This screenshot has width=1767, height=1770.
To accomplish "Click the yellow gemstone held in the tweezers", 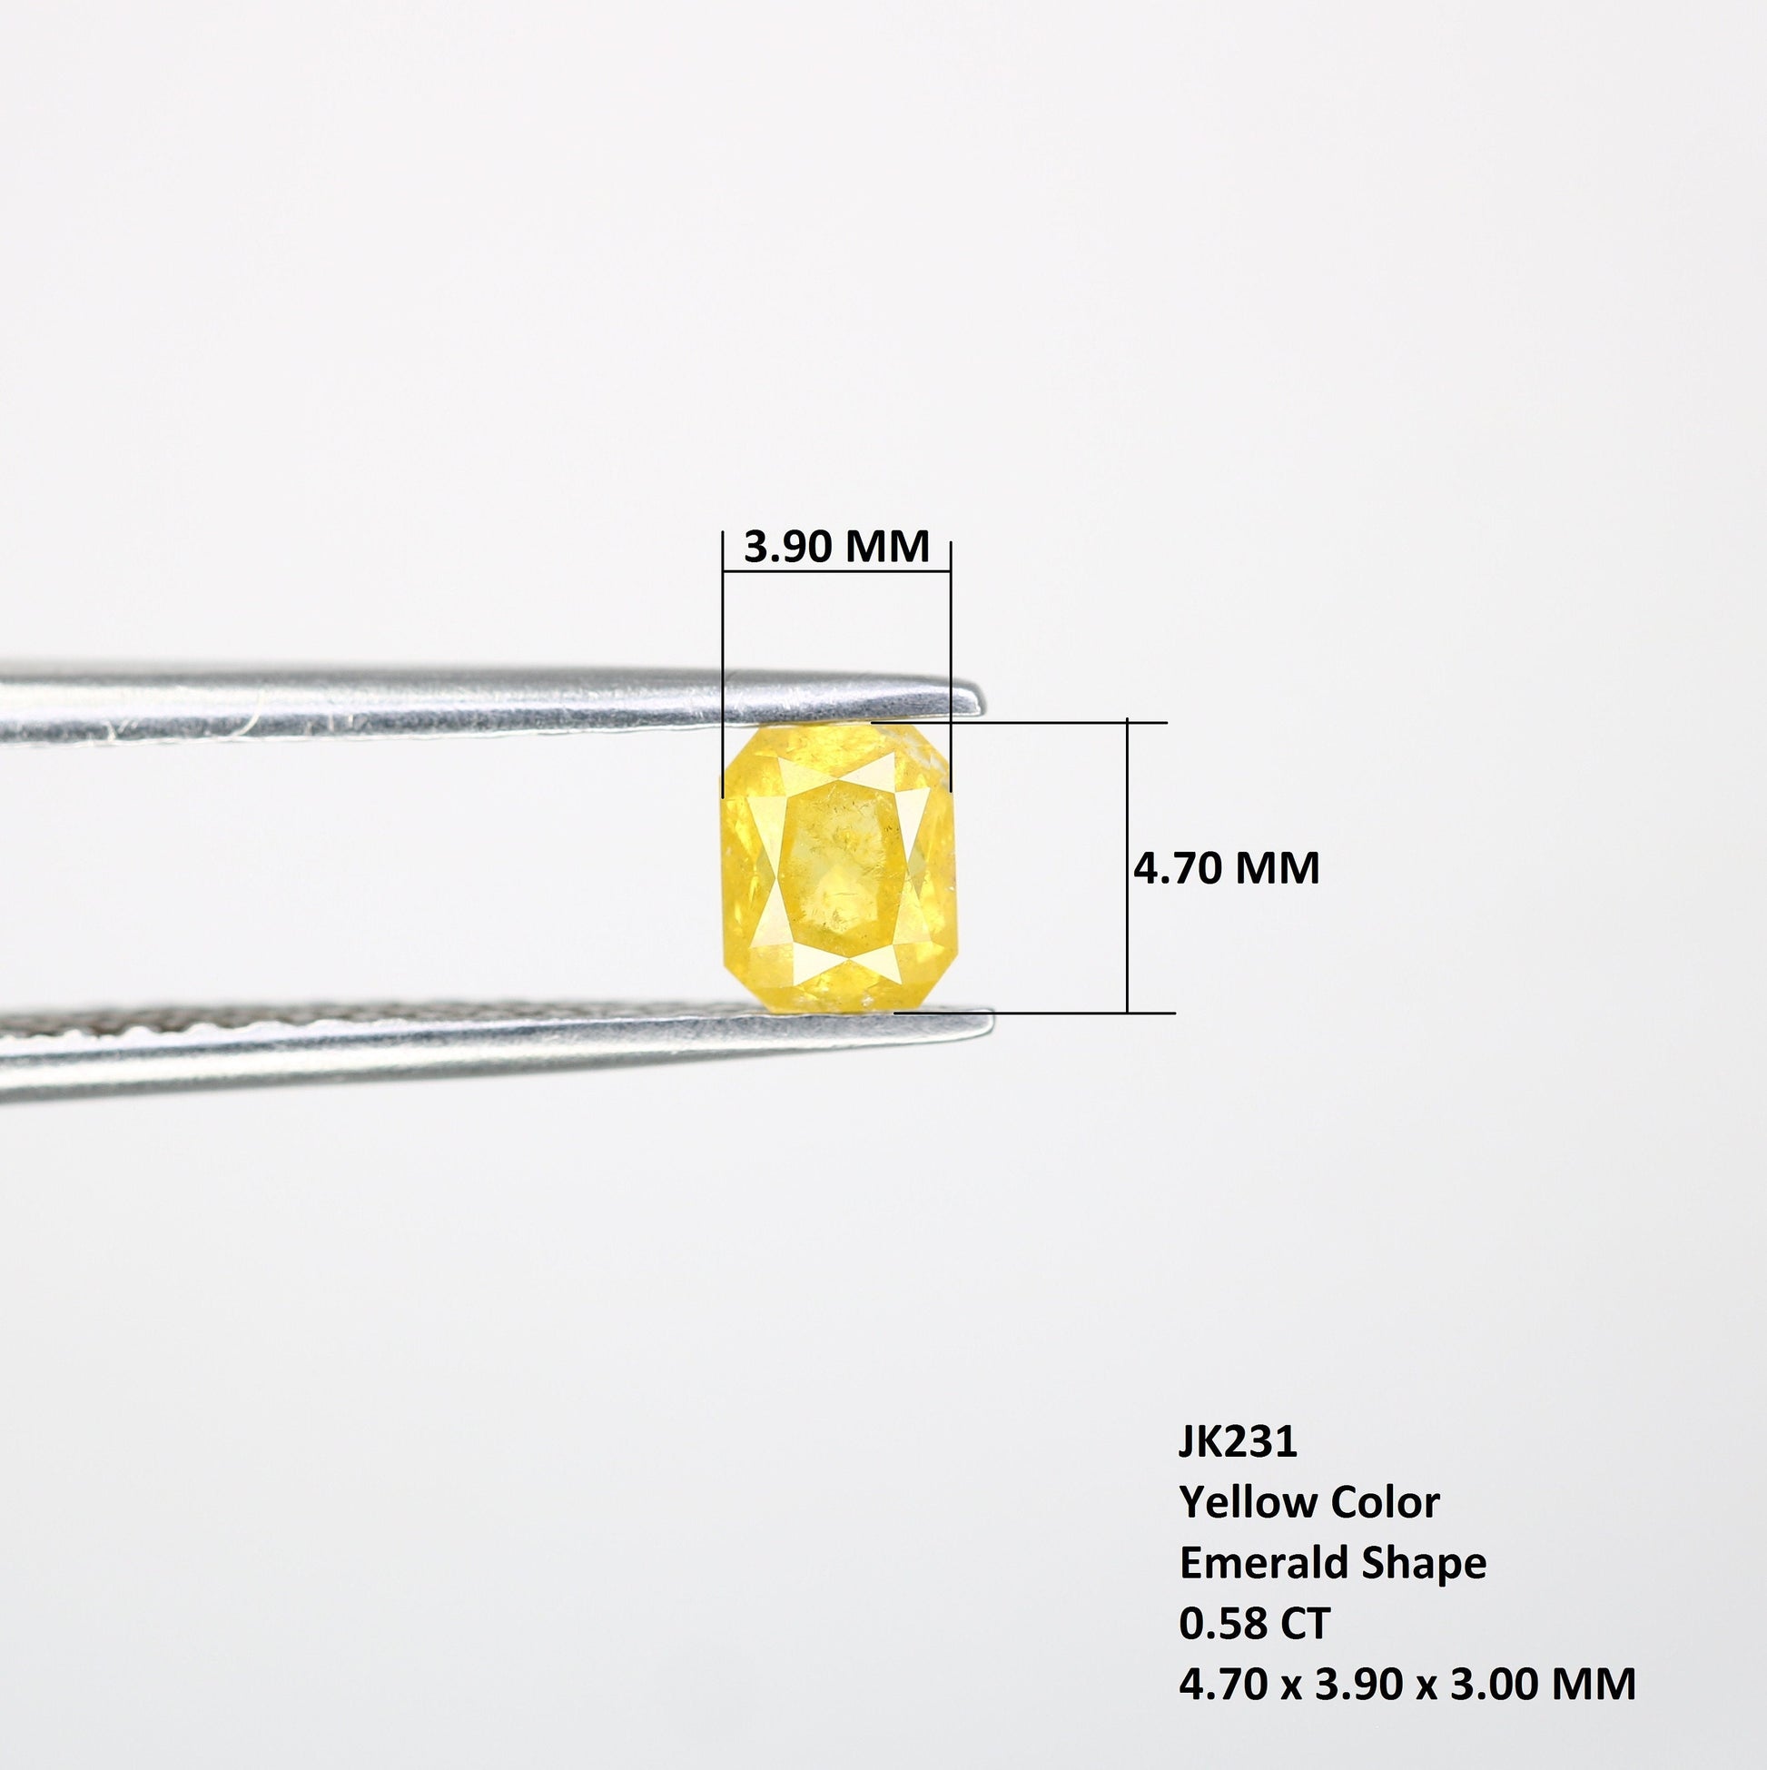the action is (838, 866).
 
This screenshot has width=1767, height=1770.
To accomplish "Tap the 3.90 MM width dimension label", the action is (836, 547).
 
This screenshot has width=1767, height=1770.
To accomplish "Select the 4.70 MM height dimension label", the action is (1227, 867).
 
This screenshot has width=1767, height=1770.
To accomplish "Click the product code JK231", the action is (1238, 1442).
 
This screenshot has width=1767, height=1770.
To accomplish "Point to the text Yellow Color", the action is (1309, 1502).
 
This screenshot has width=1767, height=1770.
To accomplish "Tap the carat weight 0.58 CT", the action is (1254, 1625).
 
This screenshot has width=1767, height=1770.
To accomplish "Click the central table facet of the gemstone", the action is (838, 865).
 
